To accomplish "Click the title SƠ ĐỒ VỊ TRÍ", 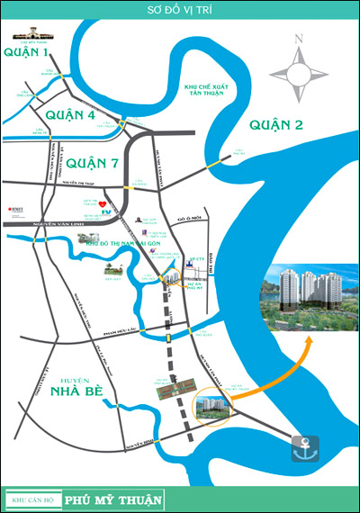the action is coord(180,12).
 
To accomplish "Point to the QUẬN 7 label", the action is coord(92,163).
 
